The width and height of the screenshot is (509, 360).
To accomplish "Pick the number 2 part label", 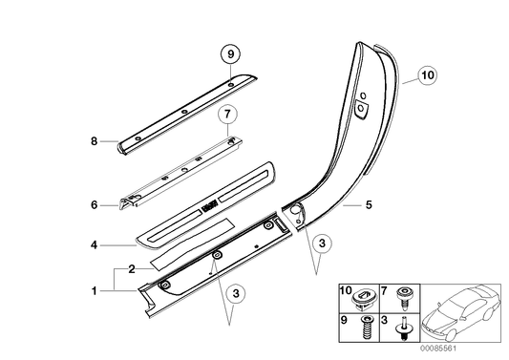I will (x=132, y=269).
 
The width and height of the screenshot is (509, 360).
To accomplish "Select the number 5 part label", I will (x=369, y=204).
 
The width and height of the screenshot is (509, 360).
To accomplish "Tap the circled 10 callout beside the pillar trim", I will (x=426, y=73).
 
